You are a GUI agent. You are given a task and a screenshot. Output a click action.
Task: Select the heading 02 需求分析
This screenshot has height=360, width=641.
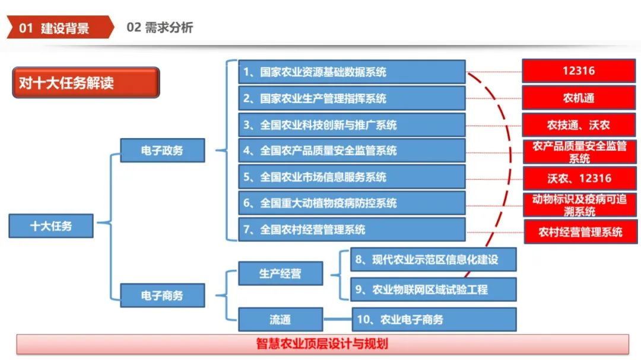coord(160,28)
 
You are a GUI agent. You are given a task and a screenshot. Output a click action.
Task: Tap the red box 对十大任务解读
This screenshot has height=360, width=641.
coord(85,82)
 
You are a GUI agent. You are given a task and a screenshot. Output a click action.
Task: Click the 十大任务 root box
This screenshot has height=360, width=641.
coord(51,226)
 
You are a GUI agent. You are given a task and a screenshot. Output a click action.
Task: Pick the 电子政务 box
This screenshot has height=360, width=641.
coord(162,150)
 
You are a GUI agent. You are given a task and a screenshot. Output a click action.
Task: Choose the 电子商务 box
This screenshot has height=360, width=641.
coord(162,295)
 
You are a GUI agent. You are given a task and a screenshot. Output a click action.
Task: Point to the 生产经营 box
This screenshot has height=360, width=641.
coord(280,273)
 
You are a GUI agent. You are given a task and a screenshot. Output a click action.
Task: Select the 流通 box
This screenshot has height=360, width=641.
coord(280,319)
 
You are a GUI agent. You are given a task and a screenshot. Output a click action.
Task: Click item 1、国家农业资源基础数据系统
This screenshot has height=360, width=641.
coord(351,72)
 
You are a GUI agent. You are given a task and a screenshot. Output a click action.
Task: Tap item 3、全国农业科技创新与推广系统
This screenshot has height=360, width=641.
coord(351,125)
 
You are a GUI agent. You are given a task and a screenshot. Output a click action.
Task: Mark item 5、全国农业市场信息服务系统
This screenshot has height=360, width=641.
coord(351,177)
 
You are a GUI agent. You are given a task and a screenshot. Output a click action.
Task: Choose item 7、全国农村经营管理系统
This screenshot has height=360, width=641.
coord(351,229)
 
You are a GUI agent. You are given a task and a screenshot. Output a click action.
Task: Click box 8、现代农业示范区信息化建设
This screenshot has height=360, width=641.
coord(433,259)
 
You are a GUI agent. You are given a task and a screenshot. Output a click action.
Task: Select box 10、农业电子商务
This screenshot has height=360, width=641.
coord(434,319)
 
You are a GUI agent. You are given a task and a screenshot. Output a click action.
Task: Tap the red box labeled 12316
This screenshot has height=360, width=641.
coord(579,71)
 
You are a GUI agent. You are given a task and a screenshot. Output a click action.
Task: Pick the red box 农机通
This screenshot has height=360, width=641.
coord(579,98)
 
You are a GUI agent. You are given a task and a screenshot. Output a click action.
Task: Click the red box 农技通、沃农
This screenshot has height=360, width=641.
coord(579,125)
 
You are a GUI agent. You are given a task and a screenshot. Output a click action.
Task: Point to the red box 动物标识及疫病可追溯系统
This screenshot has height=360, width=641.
coord(579,205)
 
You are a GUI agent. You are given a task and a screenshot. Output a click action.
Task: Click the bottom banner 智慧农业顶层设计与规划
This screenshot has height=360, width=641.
coord(322,344)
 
